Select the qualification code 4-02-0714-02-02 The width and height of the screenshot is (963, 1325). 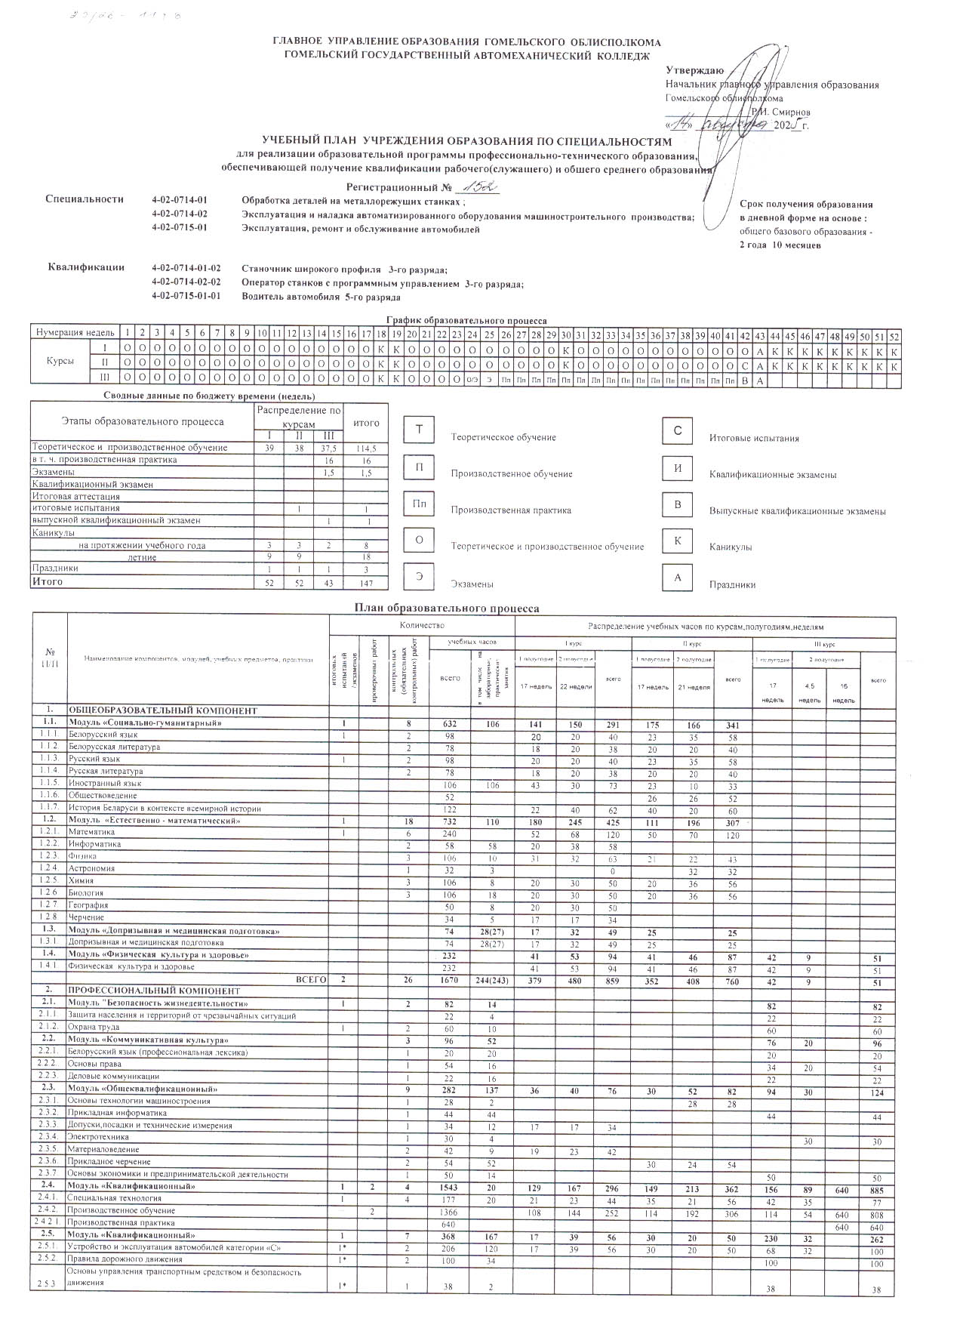tap(186, 283)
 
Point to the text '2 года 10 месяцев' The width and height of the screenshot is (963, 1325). tap(780, 245)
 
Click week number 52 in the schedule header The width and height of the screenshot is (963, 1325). tap(894, 333)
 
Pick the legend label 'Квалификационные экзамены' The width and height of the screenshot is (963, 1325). tap(773, 475)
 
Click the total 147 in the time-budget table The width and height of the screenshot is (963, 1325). tap(366, 582)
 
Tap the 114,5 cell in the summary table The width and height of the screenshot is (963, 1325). tap(366, 448)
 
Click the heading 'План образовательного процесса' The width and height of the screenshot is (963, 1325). tap(447, 608)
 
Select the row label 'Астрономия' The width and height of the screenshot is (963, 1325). tap(91, 868)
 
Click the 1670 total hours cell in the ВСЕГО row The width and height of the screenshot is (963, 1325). tap(449, 980)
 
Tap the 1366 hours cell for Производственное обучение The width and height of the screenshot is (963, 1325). tap(449, 1210)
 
